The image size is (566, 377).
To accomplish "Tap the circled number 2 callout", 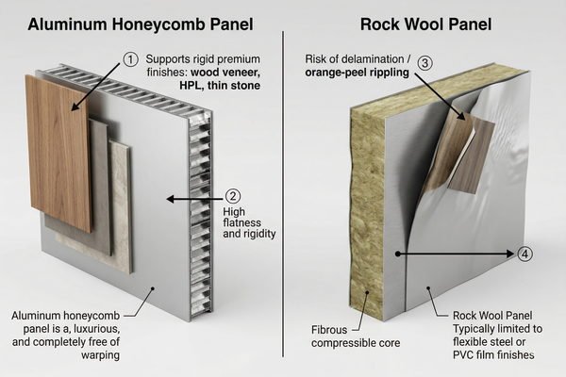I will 232,198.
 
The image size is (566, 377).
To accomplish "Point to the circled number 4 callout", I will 525,254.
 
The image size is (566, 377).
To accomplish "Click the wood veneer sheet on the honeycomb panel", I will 58,151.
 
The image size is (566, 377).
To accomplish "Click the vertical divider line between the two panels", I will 284,188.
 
